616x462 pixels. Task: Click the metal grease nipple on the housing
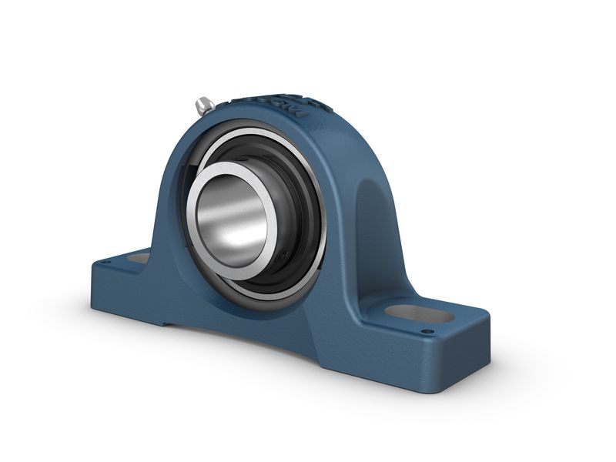click(203, 105)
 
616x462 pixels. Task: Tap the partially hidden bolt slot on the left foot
click(139, 259)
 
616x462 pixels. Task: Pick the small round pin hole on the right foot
click(425, 332)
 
